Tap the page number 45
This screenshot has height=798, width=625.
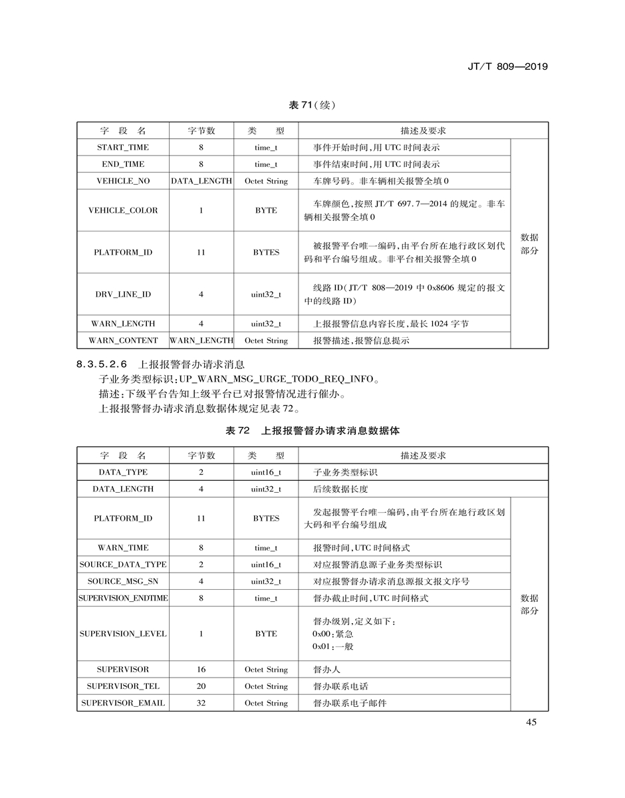(x=531, y=723)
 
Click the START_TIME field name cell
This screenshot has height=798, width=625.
(x=123, y=148)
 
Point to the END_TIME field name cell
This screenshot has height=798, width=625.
(x=123, y=164)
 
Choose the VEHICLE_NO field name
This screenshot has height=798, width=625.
(x=123, y=181)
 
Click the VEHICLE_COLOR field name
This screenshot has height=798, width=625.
(x=123, y=210)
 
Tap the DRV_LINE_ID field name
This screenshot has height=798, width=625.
(x=123, y=294)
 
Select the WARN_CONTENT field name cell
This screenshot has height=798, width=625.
(x=123, y=340)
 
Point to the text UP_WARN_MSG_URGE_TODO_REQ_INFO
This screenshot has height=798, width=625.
(x=274, y=380)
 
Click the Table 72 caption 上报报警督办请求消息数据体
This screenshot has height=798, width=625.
(x=330, y=431)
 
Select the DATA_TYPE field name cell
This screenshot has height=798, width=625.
(x=123, y=472)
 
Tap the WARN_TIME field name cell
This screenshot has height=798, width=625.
(x=123, y=548)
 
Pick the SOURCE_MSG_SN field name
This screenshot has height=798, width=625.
(x=123, y=581)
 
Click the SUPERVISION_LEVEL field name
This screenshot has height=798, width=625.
(x=123, y=634)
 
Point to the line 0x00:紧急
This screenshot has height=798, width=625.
(x=332, y=634)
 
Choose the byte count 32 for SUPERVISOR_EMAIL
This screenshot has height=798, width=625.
(x=201, y=703)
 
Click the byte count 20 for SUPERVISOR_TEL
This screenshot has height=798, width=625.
(x=201, y=686)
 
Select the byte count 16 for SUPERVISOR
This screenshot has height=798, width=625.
(x=201, y=670)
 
